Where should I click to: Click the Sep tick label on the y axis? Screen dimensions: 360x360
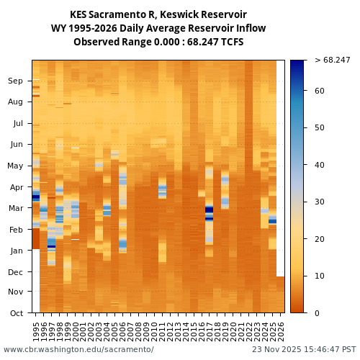pyautogui.click(x=16, y=81)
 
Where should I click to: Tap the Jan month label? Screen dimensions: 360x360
pyautogui.click(x=16, y=251)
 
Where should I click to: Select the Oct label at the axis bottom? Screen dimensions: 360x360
pyautogui.click(x=16, y=313)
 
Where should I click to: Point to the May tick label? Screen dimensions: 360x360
pyautogui.click(x=15, y=166)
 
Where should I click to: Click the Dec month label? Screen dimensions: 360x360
pyautogui.click(x=16, y=272)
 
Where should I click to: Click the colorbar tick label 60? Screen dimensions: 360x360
pyautogui.click(x=320, y=91)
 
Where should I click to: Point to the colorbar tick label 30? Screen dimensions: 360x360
pyautogui.click(x=320, y=202)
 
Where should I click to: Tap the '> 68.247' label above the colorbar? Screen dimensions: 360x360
pyautogui.click(x=332, y=60)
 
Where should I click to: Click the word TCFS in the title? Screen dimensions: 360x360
pyautogui.click(x=230, y=42)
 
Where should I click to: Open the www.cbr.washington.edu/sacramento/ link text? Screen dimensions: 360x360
pyautogui.click(x=78, y=349)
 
